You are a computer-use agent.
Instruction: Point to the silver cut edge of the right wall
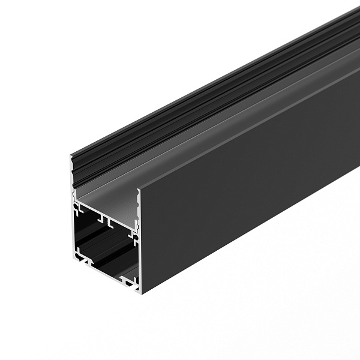click(139, 252)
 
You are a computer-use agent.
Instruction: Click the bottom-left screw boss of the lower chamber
click(78, 253)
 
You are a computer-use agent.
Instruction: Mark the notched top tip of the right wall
click(139, 191)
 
